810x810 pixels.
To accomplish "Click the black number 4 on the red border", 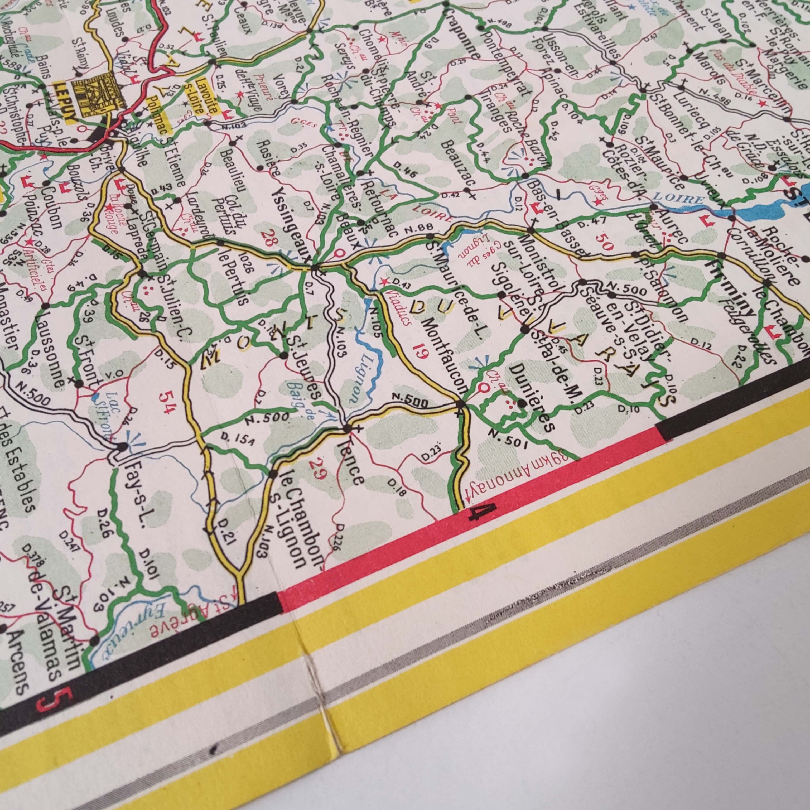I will click(483, 512).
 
